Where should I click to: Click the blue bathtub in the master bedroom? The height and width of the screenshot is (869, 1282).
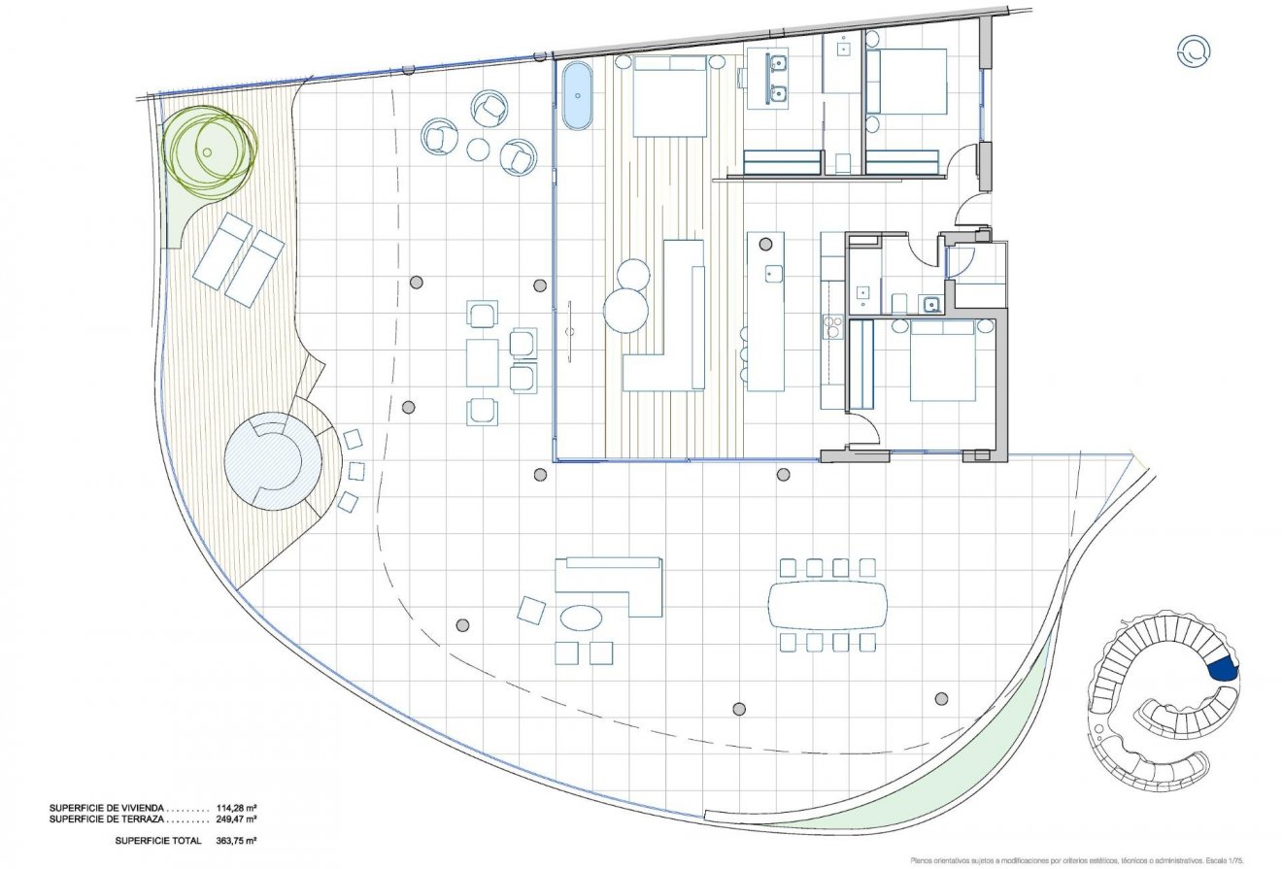(577, 96)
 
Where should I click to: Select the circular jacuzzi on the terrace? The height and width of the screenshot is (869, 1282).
(271, 461)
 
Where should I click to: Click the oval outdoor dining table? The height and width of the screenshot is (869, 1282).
(827, 605)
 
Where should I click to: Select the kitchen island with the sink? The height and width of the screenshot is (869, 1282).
(765, 311)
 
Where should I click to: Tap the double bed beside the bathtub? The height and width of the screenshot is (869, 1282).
(669, 96)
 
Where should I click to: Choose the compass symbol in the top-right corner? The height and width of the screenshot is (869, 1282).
(1193, 50)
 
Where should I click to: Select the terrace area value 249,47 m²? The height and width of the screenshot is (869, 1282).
(233, 819)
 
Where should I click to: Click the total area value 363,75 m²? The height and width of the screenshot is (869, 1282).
(233, 840)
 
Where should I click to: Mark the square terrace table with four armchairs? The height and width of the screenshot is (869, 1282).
(483, 362)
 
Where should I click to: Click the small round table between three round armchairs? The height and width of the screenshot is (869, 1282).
(478, 149)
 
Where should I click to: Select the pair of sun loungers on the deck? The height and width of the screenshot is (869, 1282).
(238, 258)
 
